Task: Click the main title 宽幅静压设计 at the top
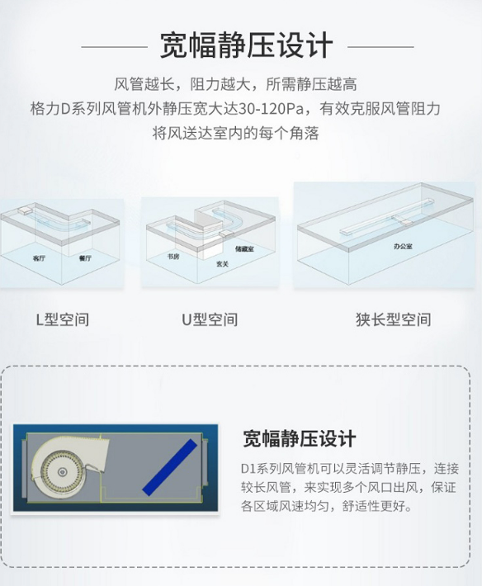(x=246, y=45)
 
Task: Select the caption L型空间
(x=63, y=319)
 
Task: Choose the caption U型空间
(x=210, y=319)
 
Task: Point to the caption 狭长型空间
(x=394, y=319)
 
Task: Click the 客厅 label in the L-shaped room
(x=39, y=258)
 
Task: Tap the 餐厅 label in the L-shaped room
(x=85, y=258)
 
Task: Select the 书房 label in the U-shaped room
(x=173, y=257)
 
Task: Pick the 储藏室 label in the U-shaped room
(x=244, y=248)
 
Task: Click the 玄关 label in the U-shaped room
(x=222, y=264)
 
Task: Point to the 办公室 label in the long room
(x=403, y=246)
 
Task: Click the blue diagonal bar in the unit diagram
(x=170, y=467)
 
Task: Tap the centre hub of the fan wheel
(x=62, y=472)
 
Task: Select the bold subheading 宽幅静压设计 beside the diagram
(x=300, y=438)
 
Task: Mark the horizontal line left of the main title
(x=115, y=47)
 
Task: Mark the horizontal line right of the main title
(x=380, y=47)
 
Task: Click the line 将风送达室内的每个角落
(x=236, y=133)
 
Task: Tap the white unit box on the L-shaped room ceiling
(x=25, y=210)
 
